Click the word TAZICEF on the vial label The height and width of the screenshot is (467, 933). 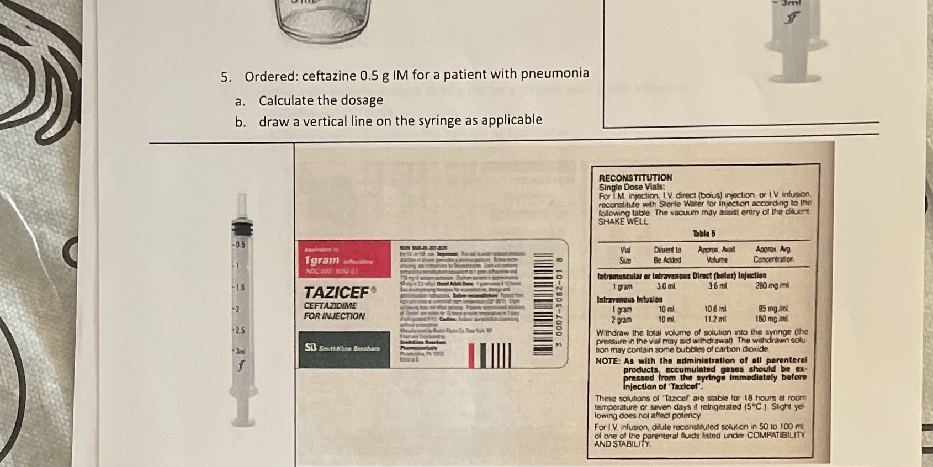pyautogui.click(x=336, y=292)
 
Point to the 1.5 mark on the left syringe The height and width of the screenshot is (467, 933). pyautogui.click(x=238, y=288)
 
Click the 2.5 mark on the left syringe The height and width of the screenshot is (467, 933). pyautogui.click(x=240, y=330)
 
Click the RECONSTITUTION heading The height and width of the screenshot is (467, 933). pyautogui.click(x=635, y=178)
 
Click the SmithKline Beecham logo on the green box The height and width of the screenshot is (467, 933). pyautogui.click(x=342, y=348)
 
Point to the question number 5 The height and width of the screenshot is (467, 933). pyautogui.click(x=226, y=77)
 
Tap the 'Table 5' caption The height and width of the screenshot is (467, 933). pyautogui.click(x=703, y=233)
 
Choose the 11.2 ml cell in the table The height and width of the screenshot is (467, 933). pyautogui.click(x=715, y=319)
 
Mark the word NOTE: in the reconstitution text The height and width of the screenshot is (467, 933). pyautogui.click(x=607, y=360)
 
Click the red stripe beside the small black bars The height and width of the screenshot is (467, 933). pyautogui.click(x=472, y=355)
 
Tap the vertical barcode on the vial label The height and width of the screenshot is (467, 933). pyautogui.click(x=543, y=303)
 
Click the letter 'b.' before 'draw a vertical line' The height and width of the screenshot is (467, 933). pyautogui.click(x=240, y=123)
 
